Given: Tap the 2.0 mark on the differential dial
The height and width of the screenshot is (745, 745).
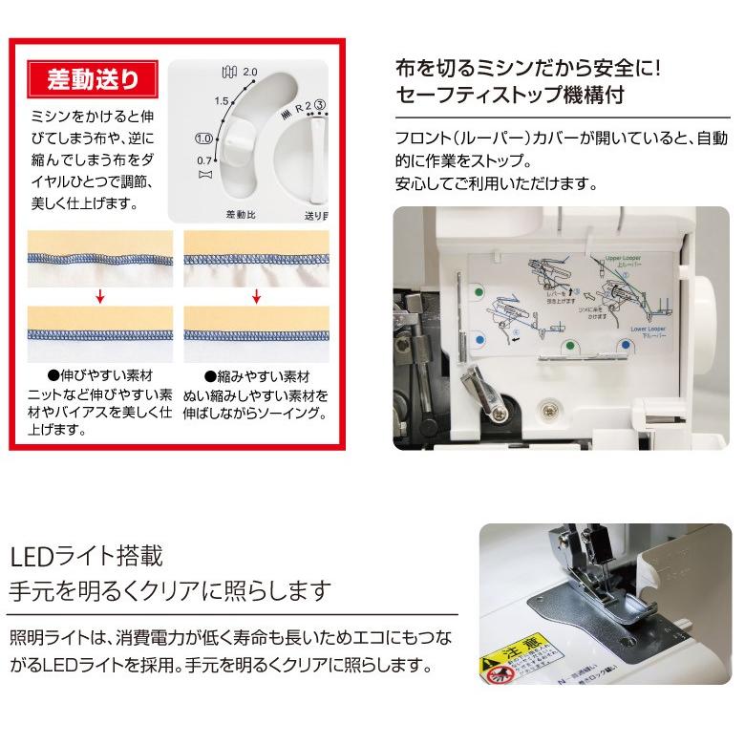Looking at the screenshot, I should coord(251,73).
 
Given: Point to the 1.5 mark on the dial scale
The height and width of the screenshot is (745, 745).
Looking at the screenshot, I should coord(223,100).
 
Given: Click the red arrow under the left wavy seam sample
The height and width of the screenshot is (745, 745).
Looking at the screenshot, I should coord(99,297).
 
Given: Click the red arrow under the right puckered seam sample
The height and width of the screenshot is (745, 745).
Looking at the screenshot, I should coord(255,297).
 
